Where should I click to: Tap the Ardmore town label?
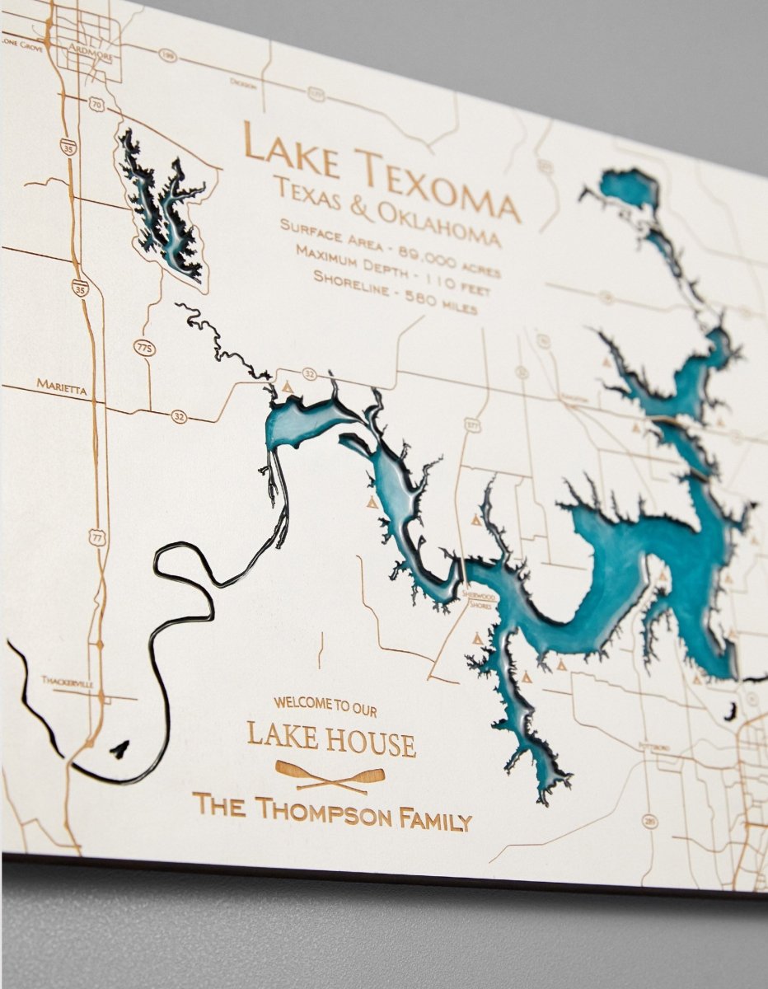coord(91,47)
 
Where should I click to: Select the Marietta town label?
coord(62,384)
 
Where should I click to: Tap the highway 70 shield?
coord(97,105)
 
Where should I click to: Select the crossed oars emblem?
coord(330,776)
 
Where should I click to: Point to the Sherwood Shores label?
coord(477,599)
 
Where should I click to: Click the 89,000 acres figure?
coord(450,257)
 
